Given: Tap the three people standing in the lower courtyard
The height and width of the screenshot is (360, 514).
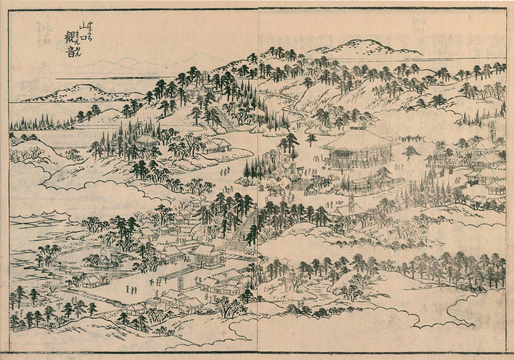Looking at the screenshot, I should [x=132, y=289].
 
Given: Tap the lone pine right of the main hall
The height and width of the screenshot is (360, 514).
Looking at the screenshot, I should [x=410, y=151].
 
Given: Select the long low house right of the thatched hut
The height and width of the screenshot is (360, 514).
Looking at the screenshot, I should [x=215, y=146].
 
